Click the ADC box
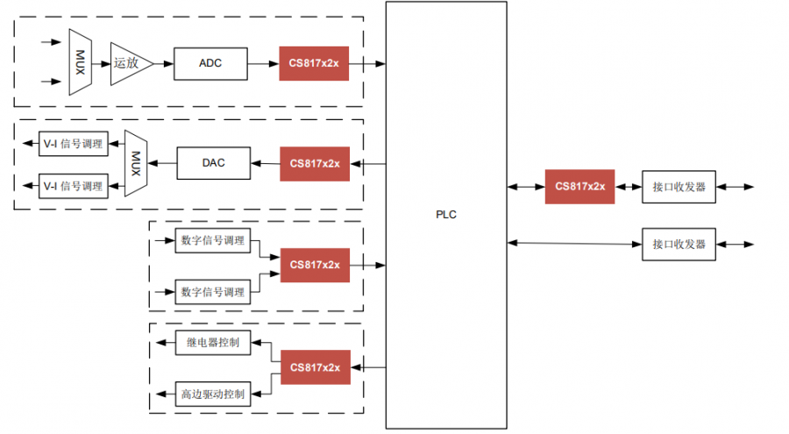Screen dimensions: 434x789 (210, 63)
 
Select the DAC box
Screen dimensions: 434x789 (214, 163)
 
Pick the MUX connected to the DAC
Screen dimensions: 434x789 (135, 164)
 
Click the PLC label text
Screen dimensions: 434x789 (446, 215)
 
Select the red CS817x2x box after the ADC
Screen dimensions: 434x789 (314, 63)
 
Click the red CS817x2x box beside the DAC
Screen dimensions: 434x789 (314, 163)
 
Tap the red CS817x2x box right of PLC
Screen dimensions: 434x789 (579, 186)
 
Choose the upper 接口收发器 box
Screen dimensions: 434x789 (679, 186)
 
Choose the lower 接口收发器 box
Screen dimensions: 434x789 (679, 244)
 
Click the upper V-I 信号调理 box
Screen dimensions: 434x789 (73, 144)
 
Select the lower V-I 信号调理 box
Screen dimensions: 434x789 (73, 186)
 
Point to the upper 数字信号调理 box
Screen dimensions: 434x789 (212, 240)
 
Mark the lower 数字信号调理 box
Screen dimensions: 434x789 (212, 291)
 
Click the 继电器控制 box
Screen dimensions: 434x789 (214, 342)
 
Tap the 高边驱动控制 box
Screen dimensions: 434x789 (212, 394)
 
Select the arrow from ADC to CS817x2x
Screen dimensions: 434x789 (263, 63)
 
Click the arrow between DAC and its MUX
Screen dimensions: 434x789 (163, 163)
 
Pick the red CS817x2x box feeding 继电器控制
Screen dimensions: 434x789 (314, 366)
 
